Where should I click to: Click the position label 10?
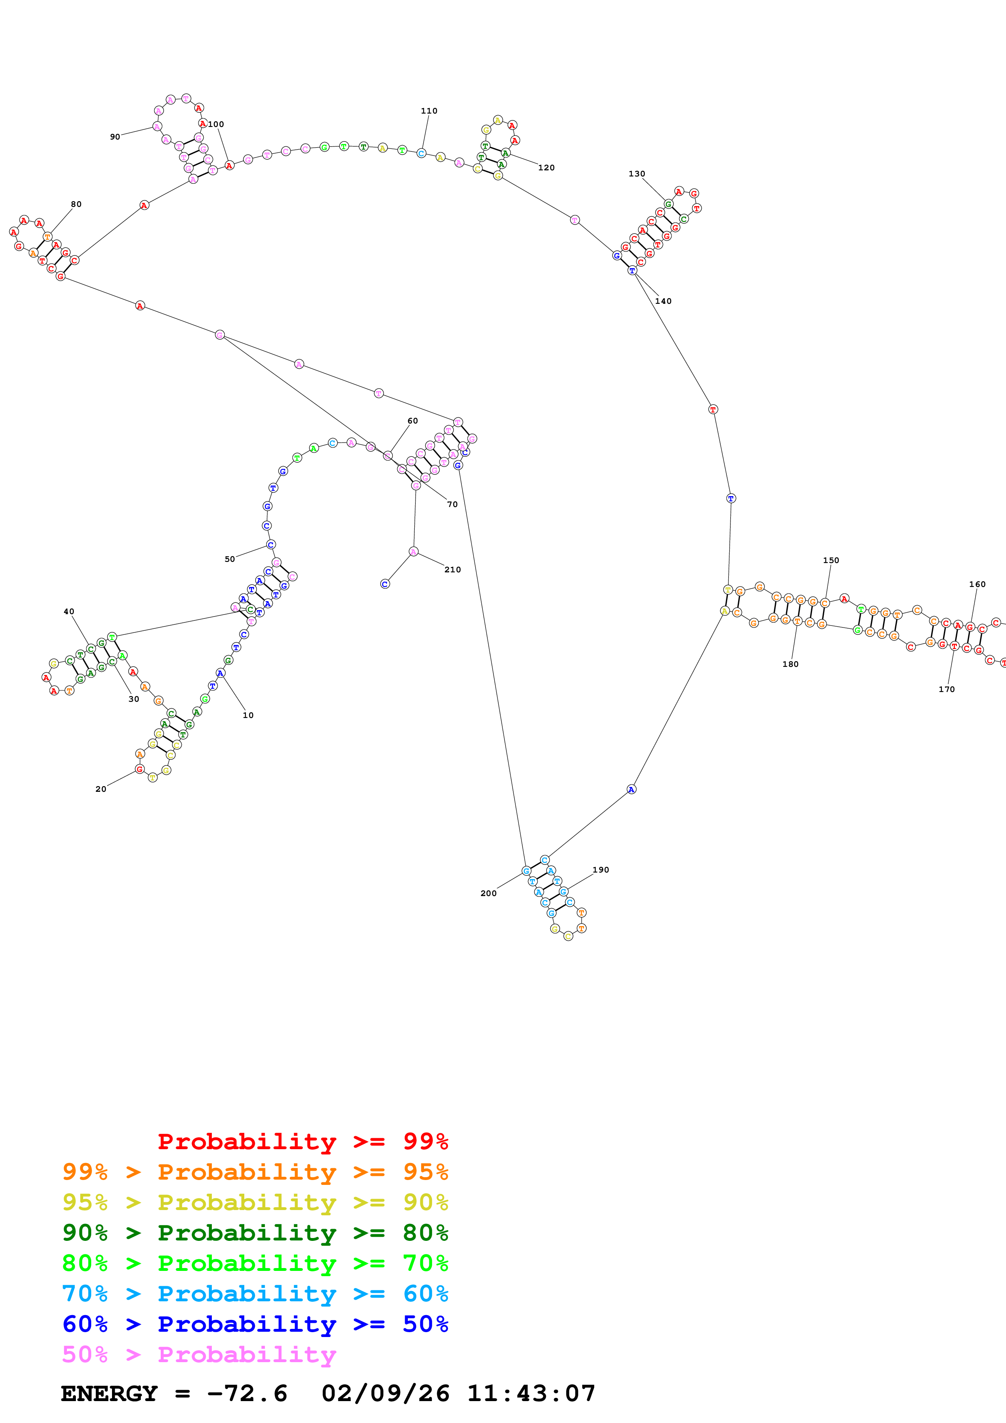tap(248, 715)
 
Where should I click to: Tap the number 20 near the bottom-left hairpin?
tap(100, 789)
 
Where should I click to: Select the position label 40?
tap(69, 612)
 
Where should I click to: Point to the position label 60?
tap(412, 421)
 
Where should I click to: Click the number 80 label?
tap(75, 204)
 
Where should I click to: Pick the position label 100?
tap(216, 124)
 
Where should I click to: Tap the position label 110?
tap(429, 111)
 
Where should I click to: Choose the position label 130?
tap(637, 174)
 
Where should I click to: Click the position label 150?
tap(831, 560)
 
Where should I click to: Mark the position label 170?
tap(946, 689)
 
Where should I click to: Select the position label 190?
tap(601, 870)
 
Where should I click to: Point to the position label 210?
tap(452, 570)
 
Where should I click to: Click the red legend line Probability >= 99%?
tap(302, 1141)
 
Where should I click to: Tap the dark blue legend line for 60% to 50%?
tap(255, 1324)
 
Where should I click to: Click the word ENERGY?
tap(109, 1393)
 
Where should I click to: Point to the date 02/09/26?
tap(385, 1393)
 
